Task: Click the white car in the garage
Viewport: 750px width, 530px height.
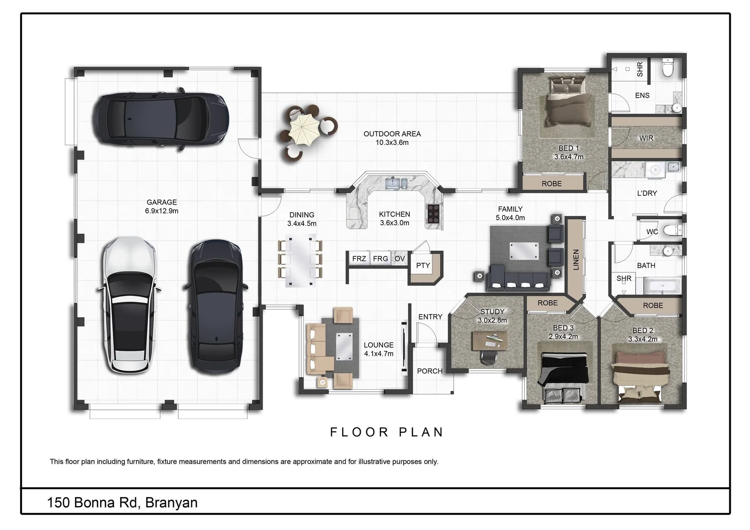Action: point(129,305)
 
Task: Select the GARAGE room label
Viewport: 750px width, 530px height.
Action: point(161,202)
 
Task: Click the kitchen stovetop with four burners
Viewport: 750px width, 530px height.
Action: point(433,213)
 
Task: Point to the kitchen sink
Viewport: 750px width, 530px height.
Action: point(396,184)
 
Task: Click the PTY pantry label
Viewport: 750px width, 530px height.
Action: point(423,265)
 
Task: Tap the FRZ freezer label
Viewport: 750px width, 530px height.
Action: point(359,259)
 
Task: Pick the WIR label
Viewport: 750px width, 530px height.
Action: point(646,138)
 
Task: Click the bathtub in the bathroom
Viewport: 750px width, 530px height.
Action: point(662,287)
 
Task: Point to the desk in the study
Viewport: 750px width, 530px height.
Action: point(489,340)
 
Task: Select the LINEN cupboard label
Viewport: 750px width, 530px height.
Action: point(576,260)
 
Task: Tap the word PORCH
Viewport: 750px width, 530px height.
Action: point(429,371)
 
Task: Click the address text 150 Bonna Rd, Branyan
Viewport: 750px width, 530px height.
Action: point(122,503)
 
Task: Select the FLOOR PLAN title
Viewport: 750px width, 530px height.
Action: point(387,432)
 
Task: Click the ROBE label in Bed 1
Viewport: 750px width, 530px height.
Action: point(551,184)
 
